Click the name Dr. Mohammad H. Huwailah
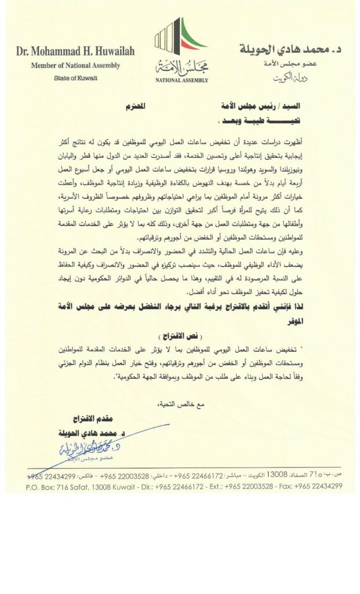click(x=75, y=51)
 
